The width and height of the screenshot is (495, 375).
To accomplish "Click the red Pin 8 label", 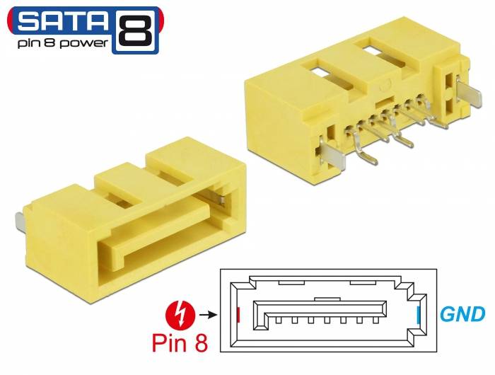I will click(x=180, y=343).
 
